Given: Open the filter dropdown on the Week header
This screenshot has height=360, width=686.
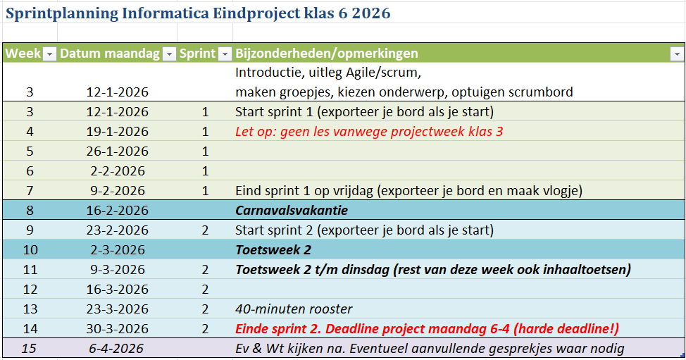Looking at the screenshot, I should click(x=49, y=54).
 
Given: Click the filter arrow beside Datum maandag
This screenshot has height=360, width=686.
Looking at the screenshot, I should click(x=168, y=54).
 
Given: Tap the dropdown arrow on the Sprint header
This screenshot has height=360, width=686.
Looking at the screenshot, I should click(x=225, y=54).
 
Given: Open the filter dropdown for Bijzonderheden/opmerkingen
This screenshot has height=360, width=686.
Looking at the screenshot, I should click(x=677, y=54).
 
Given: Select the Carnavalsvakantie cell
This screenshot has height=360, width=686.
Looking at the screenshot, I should click(x=292, y=211).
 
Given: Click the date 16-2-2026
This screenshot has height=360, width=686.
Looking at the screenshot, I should click(x=117, y=211).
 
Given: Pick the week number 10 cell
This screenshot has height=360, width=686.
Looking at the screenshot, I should click(x=29, y=250).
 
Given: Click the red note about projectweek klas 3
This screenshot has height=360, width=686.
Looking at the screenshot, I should click(x=369, y=132).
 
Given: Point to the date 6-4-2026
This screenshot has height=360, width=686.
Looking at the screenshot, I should click(x=117, y=349).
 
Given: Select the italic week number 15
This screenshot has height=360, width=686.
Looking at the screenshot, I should click(x=29, y=349).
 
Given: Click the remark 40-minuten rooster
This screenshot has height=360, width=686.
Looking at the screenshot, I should click(x=294, y=309).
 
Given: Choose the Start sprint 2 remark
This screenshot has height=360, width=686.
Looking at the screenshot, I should click(x=364, y=230).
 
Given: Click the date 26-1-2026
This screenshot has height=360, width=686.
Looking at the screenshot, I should click(x=117, y=151).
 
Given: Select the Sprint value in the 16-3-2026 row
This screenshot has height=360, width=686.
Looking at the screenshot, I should click(x=205, y=290).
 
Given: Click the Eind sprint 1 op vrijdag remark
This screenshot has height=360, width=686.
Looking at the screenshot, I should click(x=409, y=191).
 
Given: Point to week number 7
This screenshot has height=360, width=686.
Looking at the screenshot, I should click(x=29, y=191).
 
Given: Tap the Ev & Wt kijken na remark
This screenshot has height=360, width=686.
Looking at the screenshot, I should click(x=430, y=349).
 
